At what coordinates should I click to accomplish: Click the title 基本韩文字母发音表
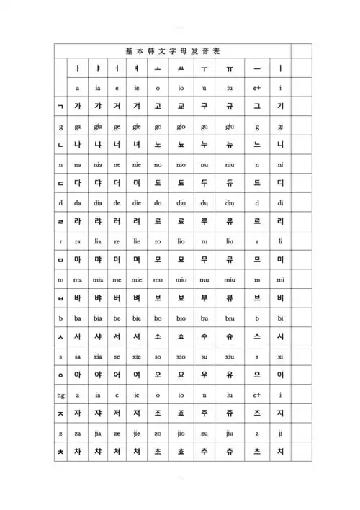(173, 50)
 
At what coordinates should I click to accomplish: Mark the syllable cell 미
(281, 259)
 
